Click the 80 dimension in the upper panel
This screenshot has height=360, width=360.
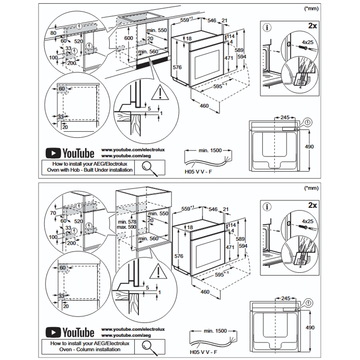coord(54,33)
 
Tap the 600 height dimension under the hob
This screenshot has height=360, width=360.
coord(128,38)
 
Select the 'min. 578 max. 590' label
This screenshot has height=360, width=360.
coord(127,224)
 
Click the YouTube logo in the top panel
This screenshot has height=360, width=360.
coord(70,153)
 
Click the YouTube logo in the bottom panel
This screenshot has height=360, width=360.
coord(70,332)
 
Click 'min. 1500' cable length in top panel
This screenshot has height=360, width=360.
coord(210,150)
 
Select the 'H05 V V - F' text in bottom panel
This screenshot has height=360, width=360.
coord(204,352)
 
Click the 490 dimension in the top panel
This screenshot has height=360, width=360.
coord(310,147)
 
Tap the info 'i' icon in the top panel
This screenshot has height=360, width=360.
coord(267,27)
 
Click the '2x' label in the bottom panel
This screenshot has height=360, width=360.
coord(312,205)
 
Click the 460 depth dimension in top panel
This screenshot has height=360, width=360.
coord(205,106)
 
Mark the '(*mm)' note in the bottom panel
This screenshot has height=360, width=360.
coord(311,187)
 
